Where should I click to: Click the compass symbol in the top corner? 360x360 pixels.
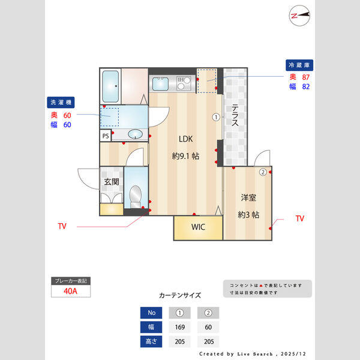(x=299, y=16)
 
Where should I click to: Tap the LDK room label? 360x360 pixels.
(x=185, y=139)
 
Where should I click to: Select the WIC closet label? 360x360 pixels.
(x=199, y=227)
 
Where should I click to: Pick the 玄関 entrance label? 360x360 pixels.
(x=111, y=182)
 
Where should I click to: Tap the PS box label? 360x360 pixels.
(x=106, y=136)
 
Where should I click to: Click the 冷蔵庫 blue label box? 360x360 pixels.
(x=300, y=65)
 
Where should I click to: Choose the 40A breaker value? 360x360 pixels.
(x=71, y=292)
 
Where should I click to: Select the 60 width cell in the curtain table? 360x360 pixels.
(x=208, y=327)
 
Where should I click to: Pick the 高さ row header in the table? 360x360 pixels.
(x=151, y=342)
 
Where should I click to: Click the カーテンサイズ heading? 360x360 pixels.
(x=180, y=295)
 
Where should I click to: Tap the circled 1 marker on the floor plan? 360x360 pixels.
(x=215, y=118)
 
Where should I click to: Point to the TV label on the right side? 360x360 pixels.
(x=300, y=219)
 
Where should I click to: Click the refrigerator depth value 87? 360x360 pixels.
(x=305, y=77)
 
